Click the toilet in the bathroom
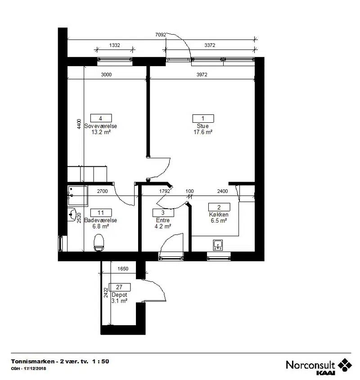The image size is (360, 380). (x=99, y=242)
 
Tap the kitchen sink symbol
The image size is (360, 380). (x=218, y=245)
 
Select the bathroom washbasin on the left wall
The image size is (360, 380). (x=72, y=215)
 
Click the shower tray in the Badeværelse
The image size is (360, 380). (x=78, y=196)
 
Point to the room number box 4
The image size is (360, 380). (x=101, y=118)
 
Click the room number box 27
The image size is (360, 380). (x=119, y=287)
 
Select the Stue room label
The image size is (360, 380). (x=202, y=126)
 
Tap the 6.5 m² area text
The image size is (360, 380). (x=219, y=220)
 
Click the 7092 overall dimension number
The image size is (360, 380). (x=160, y=35)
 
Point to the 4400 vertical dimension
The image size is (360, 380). (x=79, y=124)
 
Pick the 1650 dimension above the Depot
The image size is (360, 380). (x=123, y=268)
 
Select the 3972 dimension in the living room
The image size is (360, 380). (x=202, y=74)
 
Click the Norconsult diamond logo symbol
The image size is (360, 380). (x=345, y=365)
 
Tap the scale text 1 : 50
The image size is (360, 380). (x=100, y=362)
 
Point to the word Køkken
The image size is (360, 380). (x=219, y=215)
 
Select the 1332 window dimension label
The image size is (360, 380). (x=114, y=45)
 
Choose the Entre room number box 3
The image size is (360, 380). (x=163, y=213)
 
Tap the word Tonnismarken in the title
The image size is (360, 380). (x=33, y=362)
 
